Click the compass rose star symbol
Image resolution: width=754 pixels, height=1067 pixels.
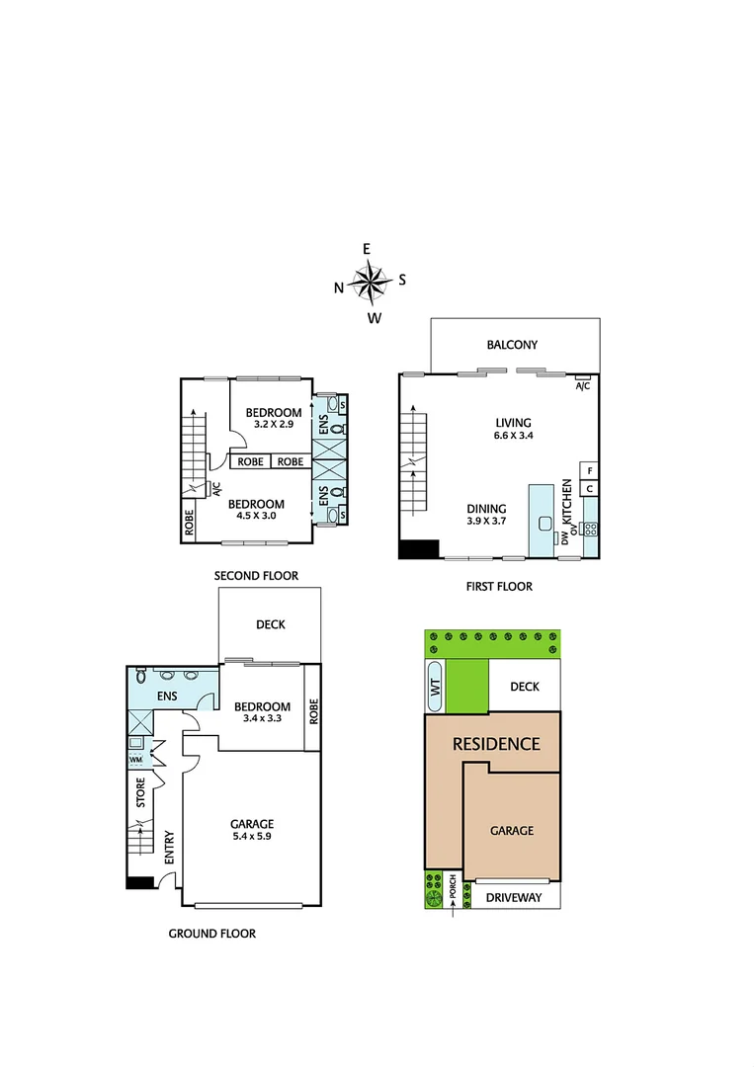click(370, 283)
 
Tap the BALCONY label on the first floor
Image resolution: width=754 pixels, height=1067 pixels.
click(512, 345)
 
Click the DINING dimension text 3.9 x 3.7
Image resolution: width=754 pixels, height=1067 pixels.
click(486, 522)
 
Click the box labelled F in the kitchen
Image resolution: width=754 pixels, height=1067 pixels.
click(589, 470)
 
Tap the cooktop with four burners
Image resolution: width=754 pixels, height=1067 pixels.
click(590, 530)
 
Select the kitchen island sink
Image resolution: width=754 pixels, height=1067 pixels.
click(544, 524)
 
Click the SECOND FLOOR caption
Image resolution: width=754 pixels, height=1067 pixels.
click(256, 575)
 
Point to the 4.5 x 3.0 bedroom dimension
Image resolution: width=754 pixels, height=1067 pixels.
click(256, 515)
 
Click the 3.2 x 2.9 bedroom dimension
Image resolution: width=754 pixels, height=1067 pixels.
click(274, 425)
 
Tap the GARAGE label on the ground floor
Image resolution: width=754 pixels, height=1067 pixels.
click(251, 823)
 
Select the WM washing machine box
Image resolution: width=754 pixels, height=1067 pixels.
click(136, 761)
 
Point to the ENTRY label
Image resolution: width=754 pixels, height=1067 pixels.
click(169, 847)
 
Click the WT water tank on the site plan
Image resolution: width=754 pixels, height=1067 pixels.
click(435, 686)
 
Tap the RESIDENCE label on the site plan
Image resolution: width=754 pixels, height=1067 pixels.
click(496, 743)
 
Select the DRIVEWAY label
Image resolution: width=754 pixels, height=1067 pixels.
click(515, 897)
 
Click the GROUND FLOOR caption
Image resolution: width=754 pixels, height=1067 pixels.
click(211, 933)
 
